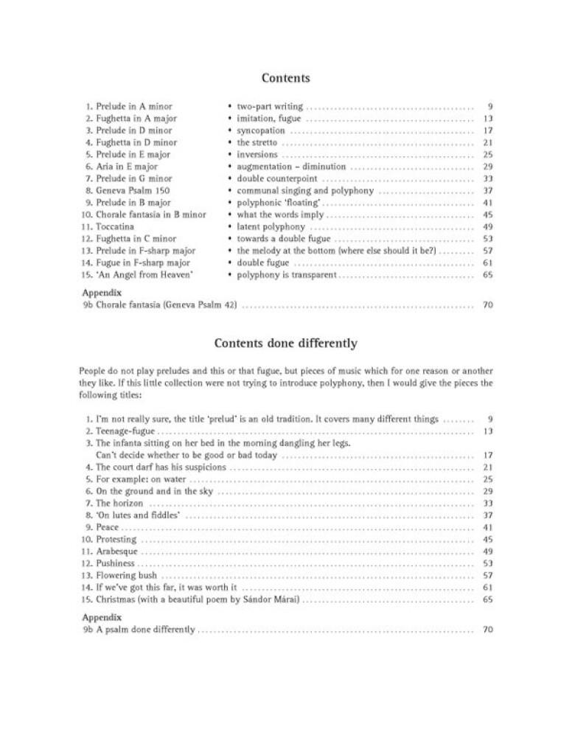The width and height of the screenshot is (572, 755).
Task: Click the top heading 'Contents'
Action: pyautogui.click(x=285, y=78)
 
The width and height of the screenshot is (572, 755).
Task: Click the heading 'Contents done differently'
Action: pyautogui.click(x=285, y=344)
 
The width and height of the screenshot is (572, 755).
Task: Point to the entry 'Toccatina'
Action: pyautogui.click(x=116, y=227)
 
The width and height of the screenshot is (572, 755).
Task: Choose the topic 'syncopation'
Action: pyautogui.click(x=260, y=131)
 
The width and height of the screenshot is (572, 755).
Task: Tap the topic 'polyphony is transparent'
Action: pyautogui.click(x=286, y=275)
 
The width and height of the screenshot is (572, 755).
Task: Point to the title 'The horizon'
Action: pyautogui.click(x=119, y=504)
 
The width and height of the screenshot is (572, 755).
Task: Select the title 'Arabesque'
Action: pyautogui.click(x=116, y=552)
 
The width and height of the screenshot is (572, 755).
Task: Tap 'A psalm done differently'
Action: pyautogui.click(x=145, y=630)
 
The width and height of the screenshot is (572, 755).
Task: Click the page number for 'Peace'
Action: pyautogui.click(x=487, y=528)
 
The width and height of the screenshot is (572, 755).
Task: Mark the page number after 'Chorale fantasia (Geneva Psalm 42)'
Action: pyautogui.click(x=487, y=305)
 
